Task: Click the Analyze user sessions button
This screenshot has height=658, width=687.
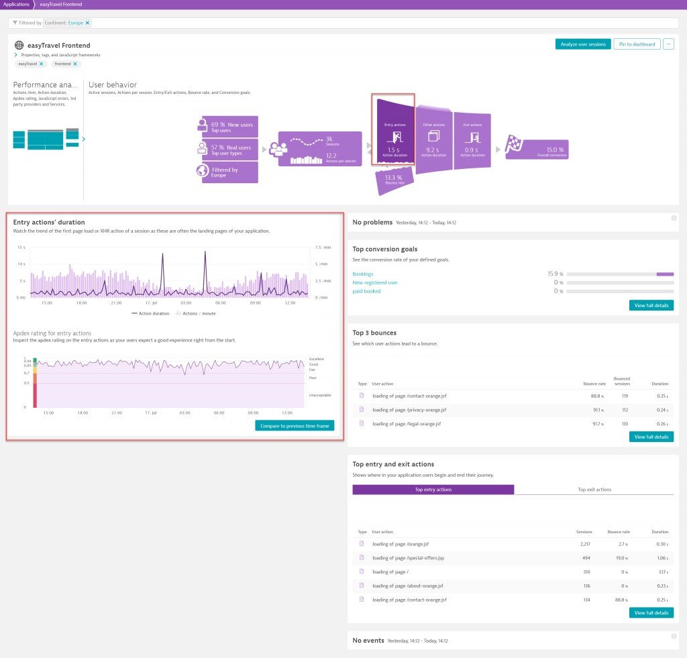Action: pos(583,44)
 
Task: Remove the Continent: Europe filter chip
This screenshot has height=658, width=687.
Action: pos(87,23)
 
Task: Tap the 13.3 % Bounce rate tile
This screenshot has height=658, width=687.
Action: pos(394,180)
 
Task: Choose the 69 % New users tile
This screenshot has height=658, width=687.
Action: pos(230,127)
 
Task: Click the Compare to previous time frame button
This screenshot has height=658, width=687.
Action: pos(295,426)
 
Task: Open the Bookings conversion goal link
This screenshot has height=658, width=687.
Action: pos(363,274)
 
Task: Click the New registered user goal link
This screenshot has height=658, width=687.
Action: pos(375,282)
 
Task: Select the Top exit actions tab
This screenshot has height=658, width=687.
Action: pos(594,490)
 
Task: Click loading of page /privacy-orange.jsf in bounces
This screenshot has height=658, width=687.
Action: pos(409,410)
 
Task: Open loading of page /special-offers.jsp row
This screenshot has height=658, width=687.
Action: pos(408,558)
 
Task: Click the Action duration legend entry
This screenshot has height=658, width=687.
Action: pos(151,313)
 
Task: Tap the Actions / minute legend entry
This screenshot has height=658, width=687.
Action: pos(197,313)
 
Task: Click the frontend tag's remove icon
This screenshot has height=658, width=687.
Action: pos(74,64)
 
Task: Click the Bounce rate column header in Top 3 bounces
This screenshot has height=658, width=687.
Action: pos(594,384)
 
